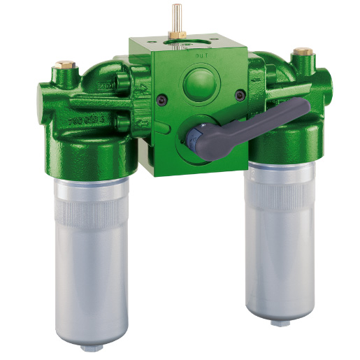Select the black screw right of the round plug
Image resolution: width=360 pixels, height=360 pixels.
(240, 93)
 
